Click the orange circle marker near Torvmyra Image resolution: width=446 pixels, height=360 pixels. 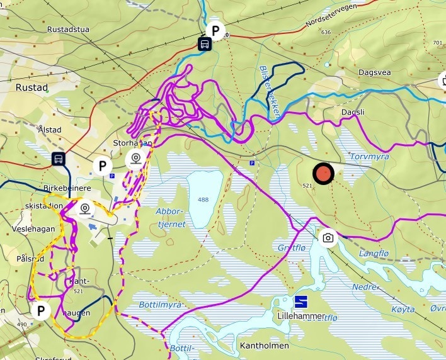(x=323, y=174)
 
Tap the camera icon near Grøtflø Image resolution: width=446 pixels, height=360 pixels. (x=328, y=237)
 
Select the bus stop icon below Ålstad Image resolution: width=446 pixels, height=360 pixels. (x=59, y=159)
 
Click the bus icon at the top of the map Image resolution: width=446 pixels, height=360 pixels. (x=205, y=44)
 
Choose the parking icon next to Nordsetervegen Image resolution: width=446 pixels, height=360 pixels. (x=216, y=30)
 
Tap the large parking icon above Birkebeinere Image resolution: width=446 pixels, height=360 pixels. (x=102, y=166)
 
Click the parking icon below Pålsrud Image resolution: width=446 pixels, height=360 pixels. (x=41, y=310)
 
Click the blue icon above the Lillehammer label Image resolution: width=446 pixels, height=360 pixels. (x=301, y=302)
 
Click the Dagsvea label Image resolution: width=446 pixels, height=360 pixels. (x=374, y=72)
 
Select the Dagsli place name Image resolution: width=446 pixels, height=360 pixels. (x=353, y=111)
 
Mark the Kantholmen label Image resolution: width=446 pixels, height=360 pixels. (x=264, y=346)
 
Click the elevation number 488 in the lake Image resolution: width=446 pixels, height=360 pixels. (x=203, y=200)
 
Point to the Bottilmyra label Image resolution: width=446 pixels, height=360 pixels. (x=160, y=305)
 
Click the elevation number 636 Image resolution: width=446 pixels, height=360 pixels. (x=325, y=32)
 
